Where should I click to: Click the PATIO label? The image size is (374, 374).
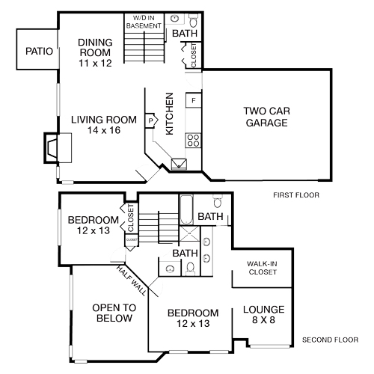pyautogui.click(x=38, y=52)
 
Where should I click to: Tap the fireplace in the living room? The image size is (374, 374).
pyautogui.click(x=55, y=147)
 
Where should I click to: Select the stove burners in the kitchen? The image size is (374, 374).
pyautogui.click(x=192, y=139)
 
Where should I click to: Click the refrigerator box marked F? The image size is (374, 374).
pyautogui.click(x=193, y=99)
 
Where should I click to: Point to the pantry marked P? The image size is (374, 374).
pyautogui.click(x=151, y=120)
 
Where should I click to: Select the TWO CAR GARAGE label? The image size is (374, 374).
pyautogui.click(x=266, y=117)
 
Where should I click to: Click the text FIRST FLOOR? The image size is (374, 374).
pyautogui.click(x=296, y=195)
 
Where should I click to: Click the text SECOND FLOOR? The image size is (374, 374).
pyautogui.click(x=330, y=340)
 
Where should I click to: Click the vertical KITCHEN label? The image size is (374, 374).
pyautogui.click(x=170, y=114)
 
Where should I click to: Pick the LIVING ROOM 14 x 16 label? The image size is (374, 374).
pyautogui.click(x=104, y=125)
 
